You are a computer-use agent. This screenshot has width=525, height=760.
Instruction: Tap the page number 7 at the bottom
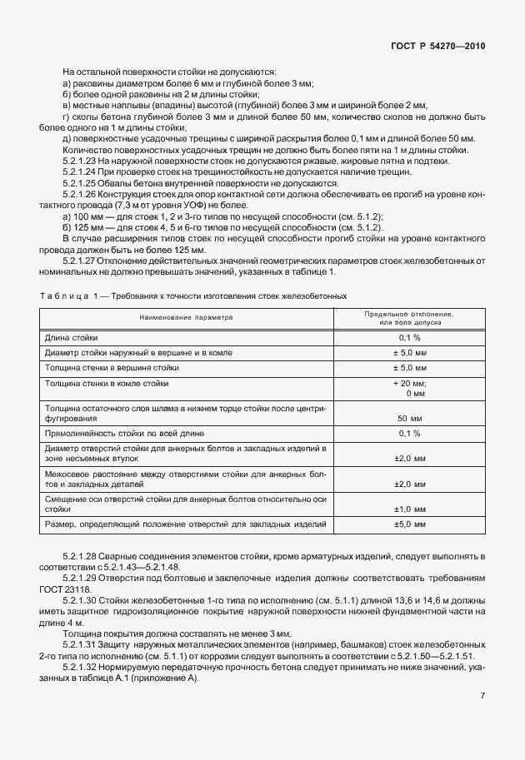pyautogui.click(x=482, y=695)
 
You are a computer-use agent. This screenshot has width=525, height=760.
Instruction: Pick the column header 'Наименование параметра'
pyautogui.click(x=187, y=317)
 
